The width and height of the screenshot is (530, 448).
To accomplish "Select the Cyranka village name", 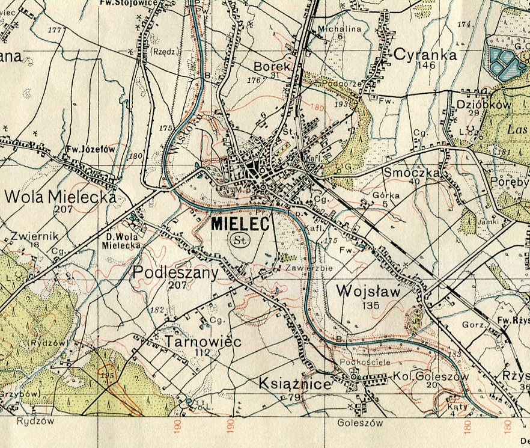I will (425, 55).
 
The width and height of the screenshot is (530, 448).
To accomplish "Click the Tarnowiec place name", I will (203, 342).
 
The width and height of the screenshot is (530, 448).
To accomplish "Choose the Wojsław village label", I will (368, 291).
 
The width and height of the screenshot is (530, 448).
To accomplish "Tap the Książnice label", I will (295, 384).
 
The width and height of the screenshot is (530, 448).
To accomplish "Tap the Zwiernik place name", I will (25, 236).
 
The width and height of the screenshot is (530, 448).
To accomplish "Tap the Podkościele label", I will (357, 363).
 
